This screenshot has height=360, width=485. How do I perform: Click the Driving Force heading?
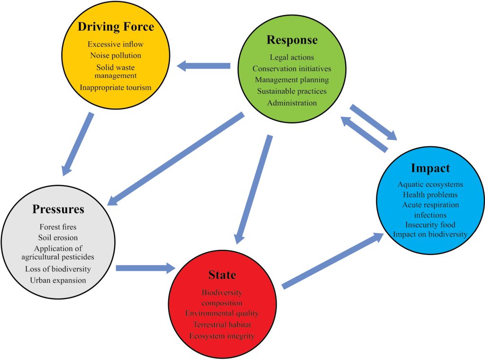point(116,27)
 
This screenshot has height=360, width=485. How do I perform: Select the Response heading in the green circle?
point(292,40)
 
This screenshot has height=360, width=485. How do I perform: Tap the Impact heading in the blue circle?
point(430,168)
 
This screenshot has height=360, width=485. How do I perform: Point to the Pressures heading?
point(58,209)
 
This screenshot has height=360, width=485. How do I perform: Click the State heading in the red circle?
point(222,275)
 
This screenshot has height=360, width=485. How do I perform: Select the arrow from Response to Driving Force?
point(204,66)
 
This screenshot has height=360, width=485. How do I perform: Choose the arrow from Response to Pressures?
point(175,159)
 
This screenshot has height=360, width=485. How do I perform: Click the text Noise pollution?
point(116,55)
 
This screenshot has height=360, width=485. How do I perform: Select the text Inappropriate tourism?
point(116,87)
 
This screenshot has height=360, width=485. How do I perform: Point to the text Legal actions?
point(292,57)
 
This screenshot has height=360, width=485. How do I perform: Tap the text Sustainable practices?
point(292,91)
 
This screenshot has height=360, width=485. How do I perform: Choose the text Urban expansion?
point(58,280)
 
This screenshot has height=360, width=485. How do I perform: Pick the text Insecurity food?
point(430,224)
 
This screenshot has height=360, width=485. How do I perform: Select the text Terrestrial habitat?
point(222,324)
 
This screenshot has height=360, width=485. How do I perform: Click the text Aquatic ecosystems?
point(430,184)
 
